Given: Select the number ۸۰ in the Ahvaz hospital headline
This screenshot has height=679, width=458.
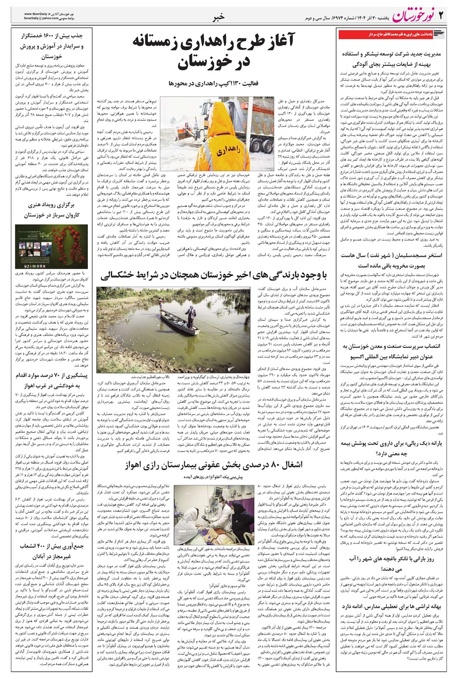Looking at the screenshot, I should tap(276, 465).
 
